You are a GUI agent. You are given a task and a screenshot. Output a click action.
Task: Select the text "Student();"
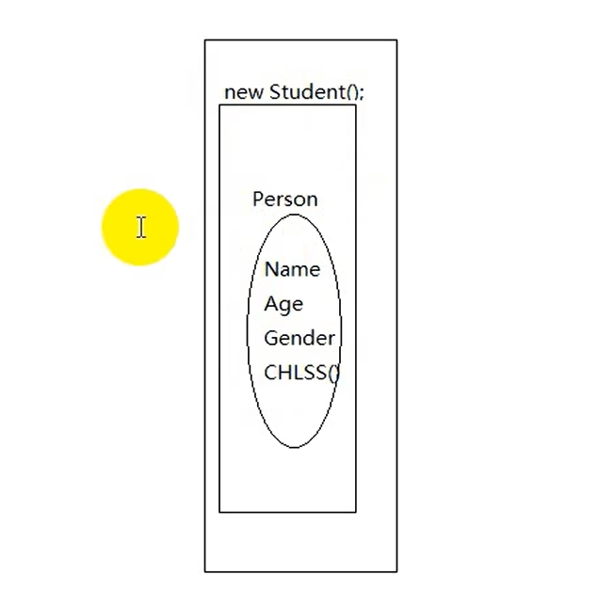coord(316,91)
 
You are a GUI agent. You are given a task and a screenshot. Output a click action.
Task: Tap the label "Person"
coord(284,199)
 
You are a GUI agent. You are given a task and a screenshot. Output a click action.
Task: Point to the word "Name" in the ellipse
coord(292,269)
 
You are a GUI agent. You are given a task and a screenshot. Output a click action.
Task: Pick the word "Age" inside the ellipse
coord(283,304)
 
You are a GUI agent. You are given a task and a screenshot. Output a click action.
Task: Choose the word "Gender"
coord(299,338)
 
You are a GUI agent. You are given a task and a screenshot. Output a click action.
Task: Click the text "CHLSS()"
coord(301,372)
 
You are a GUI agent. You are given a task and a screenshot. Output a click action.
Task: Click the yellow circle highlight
coord(139,227)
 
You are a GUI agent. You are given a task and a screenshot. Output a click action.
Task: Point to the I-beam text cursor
coord(140,227)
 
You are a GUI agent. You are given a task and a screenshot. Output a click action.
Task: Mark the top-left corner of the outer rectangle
coord(204,40)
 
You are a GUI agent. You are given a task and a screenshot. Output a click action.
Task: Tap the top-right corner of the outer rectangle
coord(397,40)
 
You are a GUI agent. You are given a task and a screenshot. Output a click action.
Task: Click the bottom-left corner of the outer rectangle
coord(204,571)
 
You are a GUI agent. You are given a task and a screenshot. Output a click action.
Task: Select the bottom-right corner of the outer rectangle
coord(397,571)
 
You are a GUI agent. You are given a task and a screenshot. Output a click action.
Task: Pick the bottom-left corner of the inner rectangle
coord(219,512)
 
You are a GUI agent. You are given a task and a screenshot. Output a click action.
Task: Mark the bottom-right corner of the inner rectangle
coord(356,512)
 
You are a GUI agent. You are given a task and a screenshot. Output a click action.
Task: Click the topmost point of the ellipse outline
coord(294,215)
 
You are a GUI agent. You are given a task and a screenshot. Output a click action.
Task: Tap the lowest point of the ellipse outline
coord(294,447)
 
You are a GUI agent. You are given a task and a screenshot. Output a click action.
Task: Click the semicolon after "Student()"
coord(361,93)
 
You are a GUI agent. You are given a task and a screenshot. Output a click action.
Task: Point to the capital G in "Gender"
coord(270,338)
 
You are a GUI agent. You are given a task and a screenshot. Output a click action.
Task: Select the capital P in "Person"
coord(258,199)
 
